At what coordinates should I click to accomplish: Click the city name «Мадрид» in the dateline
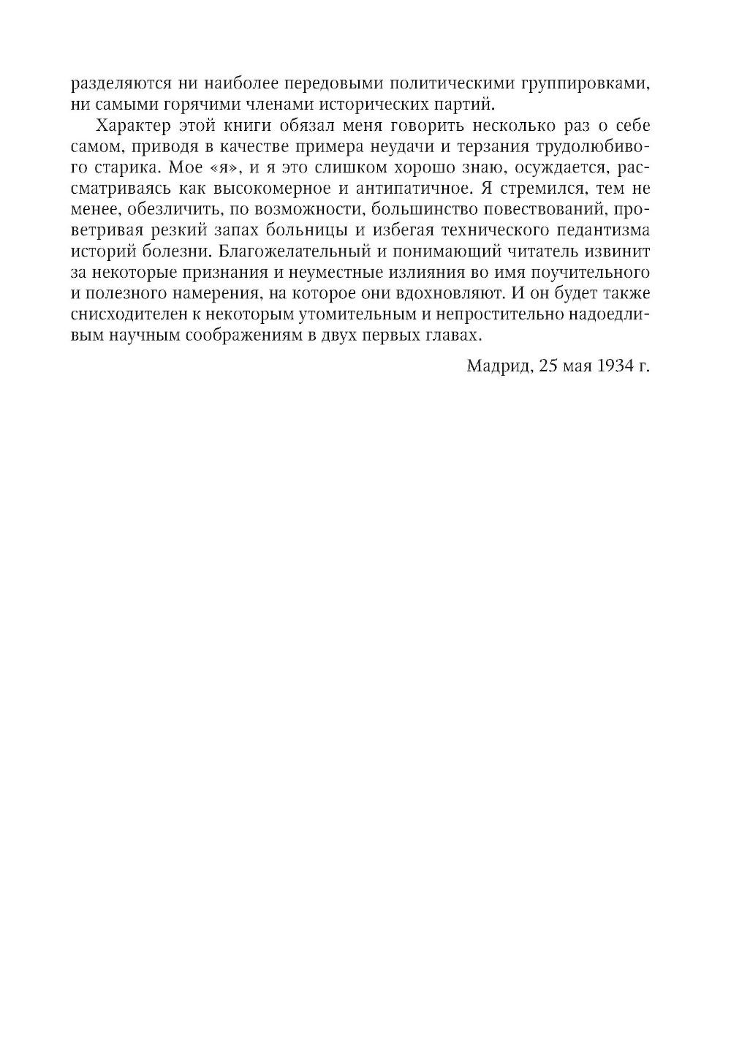(x=498, y=365)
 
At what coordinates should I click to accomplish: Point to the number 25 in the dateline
(x=549, y=365)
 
